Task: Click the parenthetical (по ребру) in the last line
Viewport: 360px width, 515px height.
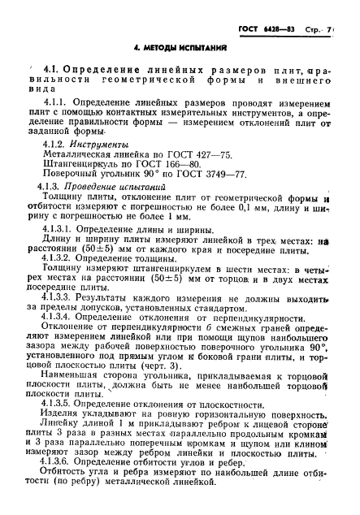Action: tap(74, 500)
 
